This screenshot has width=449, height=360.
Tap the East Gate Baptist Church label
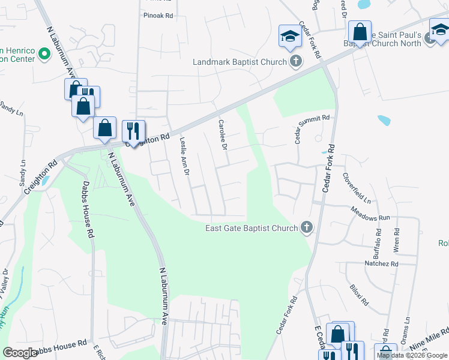252,228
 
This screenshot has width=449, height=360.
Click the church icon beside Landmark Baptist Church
295,61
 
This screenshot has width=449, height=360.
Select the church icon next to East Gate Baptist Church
307,227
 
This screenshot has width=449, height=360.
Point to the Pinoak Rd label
158,15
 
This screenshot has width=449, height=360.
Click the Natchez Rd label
381,263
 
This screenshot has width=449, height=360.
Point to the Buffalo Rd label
378,239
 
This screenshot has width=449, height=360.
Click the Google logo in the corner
19,353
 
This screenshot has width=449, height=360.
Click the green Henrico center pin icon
44,54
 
